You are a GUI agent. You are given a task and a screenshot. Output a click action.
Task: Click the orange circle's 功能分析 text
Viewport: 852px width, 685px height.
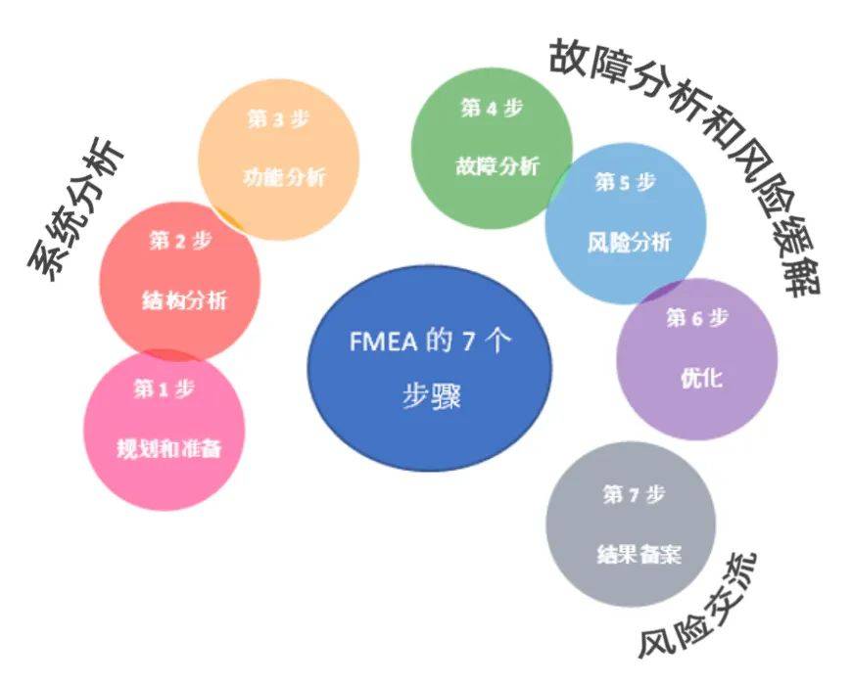(284, 178)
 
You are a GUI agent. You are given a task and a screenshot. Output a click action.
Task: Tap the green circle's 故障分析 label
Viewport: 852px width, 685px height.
(497, 166)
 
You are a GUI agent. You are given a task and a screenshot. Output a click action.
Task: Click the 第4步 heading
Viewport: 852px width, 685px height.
(491, 109)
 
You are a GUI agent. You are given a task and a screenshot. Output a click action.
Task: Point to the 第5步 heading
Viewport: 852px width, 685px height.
(625, 182)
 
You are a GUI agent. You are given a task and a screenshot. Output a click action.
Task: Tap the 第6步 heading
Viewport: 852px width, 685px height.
(697, 318)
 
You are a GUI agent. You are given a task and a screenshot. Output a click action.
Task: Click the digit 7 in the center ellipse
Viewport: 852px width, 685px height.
(466, 342)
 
